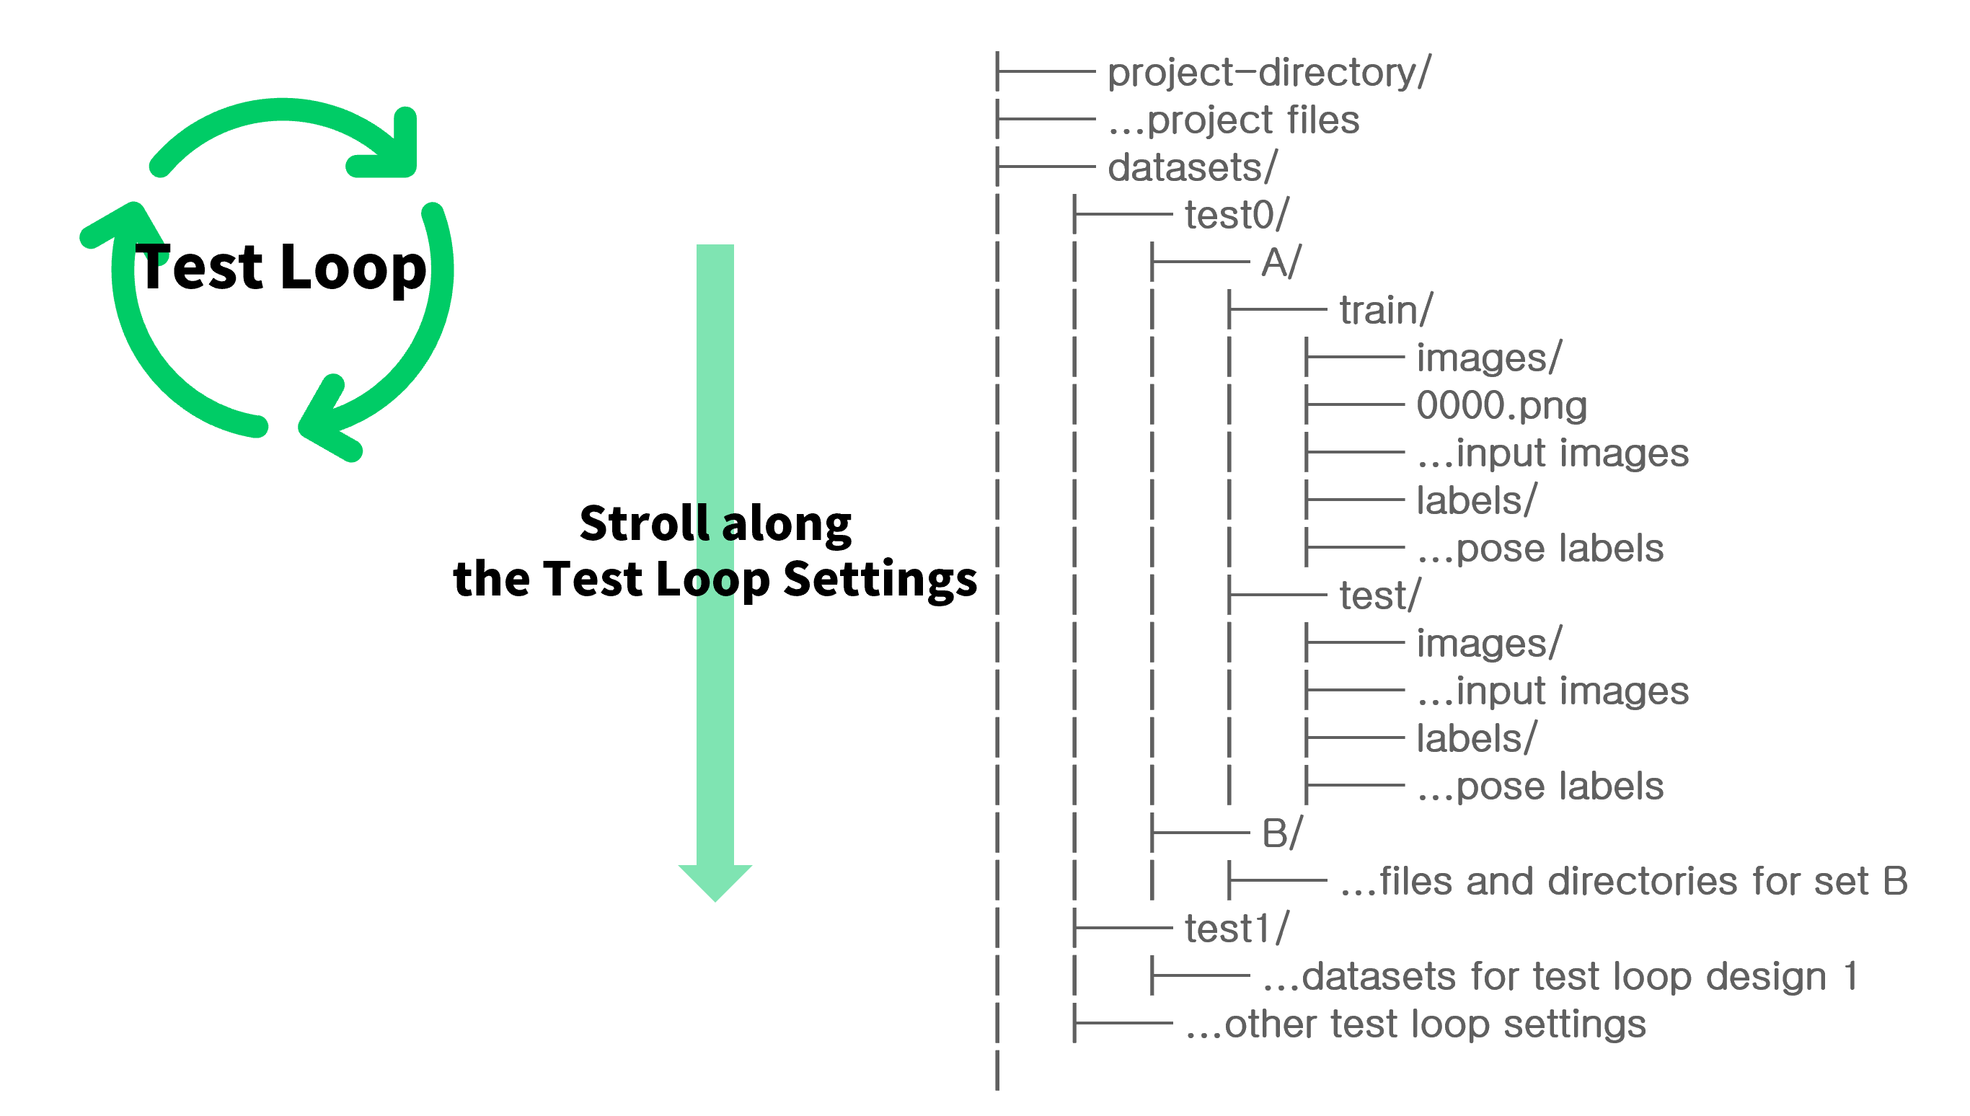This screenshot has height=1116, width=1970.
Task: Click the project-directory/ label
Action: [1268, 73]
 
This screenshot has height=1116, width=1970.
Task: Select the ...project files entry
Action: [1233, 120]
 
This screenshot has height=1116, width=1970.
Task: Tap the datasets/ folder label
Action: [1192, 168]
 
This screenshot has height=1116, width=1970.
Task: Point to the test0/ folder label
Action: [1237, 216]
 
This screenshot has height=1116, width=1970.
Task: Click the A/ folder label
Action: [1281, 263]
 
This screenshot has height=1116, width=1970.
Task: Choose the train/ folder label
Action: [1385, 311]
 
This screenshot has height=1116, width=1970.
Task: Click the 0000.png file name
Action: [1501, 405]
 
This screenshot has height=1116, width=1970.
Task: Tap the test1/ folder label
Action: [1237, 929]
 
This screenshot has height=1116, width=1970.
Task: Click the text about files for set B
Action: [1624, 882]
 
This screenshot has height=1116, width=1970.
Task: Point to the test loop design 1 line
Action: [1560, 976]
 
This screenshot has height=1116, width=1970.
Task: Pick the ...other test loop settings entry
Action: [1415, 1024]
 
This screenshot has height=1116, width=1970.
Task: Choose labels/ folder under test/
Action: [1476, 739]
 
